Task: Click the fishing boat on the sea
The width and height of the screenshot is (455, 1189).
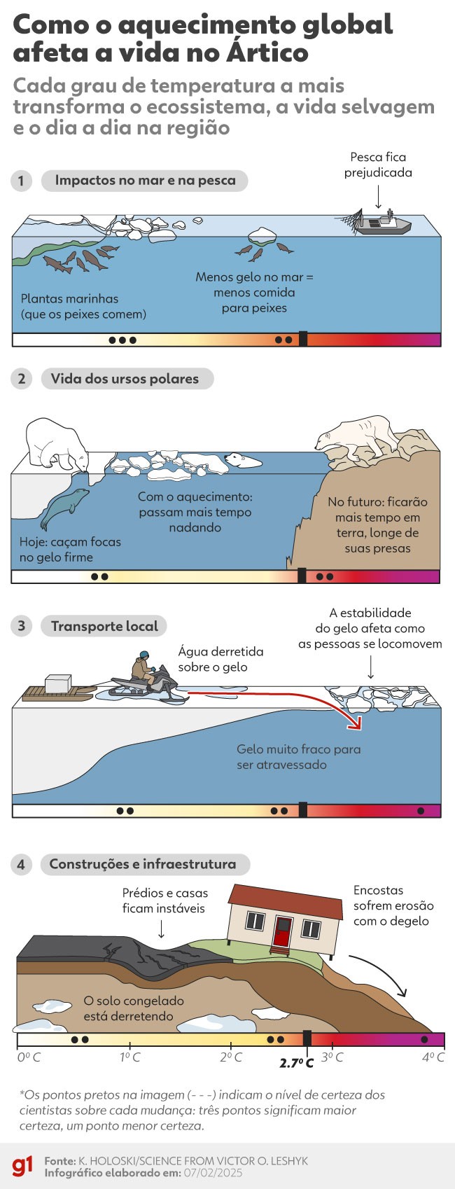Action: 384,224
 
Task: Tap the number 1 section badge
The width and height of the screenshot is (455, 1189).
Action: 21,181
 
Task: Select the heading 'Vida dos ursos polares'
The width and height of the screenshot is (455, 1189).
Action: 125,378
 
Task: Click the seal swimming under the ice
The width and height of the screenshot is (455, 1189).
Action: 64,508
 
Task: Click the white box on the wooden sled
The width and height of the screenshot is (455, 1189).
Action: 58,683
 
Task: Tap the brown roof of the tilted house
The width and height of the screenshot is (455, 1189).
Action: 285,900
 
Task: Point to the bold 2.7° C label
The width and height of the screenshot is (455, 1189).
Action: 296,1063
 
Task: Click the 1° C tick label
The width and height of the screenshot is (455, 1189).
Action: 129,1056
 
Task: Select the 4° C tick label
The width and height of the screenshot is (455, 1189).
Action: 433,1056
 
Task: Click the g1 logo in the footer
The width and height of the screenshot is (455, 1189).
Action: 23,1166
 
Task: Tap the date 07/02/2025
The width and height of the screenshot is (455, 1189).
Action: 213,1173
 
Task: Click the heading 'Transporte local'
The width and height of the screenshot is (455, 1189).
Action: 104,626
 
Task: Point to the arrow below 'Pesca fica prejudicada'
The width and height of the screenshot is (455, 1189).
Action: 378,196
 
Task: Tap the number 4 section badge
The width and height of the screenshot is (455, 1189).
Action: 21,865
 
